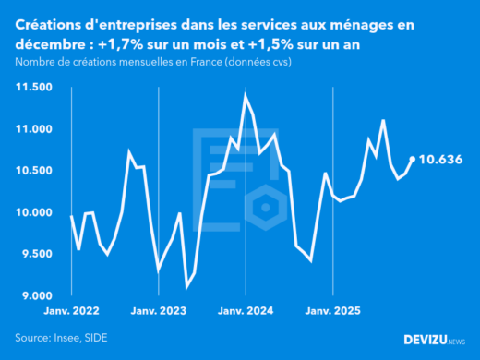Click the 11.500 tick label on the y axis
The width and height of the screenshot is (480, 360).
(x=34, y=87)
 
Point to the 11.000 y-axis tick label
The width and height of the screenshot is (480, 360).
(x=34, y=129)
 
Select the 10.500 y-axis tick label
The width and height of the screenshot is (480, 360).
(x=34, y=171)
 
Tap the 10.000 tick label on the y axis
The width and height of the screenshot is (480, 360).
(x=34, y=212)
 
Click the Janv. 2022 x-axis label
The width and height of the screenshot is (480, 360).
(x=72, y=311)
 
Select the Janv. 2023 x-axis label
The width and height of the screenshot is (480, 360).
(x=159, y=311)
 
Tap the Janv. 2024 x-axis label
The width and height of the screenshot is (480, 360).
(x=246, y=311)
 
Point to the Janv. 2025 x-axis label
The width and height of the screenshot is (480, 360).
(x=332, y=311)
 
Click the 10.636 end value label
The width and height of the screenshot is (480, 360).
(x=440, y=159)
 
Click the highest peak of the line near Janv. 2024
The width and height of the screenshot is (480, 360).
(x=246, y=93)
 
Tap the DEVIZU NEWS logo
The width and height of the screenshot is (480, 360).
(x=435, y=340)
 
